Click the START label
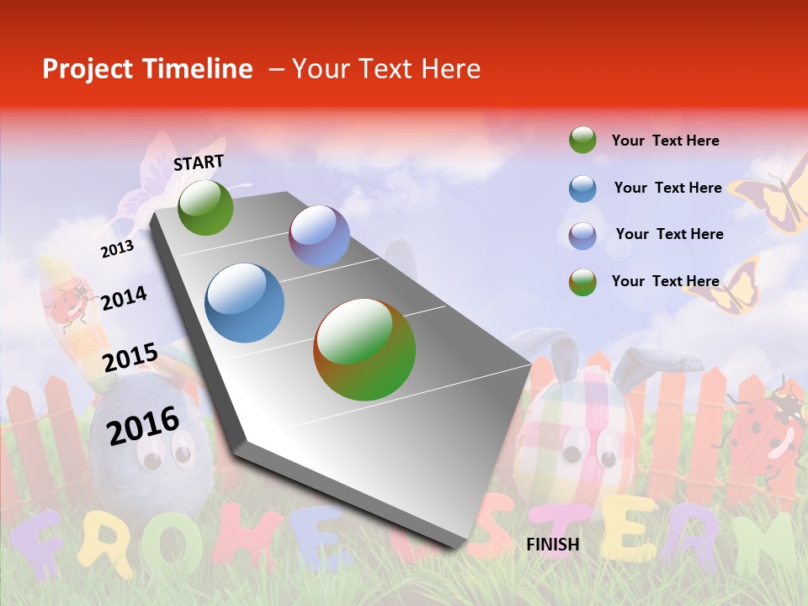[199, 162]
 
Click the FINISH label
[553, 545]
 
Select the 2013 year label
[117, 248]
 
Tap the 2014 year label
[124, 298]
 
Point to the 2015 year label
[130, 357]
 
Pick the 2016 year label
[143, 424]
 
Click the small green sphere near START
[205, 207]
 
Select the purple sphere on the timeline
[319, 236]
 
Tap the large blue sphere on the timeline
[245, 303]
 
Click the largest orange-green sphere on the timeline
[364, 349]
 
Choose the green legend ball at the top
[582, 141]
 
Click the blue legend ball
[582, 189]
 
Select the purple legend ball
[582, 235]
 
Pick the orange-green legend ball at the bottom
[582, 282]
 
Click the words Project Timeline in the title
[147, 69]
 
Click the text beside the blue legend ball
[667, 188]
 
